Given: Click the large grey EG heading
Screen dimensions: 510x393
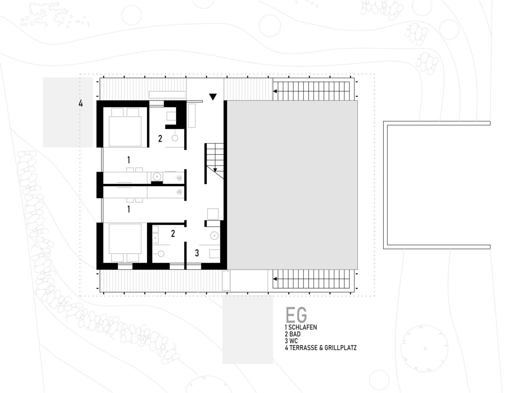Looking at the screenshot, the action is (x=296, y=315).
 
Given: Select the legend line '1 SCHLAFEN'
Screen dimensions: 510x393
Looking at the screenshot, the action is (x=301, y=327).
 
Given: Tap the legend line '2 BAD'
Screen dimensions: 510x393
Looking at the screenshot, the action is (x=293, y=334).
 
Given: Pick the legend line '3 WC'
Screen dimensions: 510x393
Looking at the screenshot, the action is (x=291, y=341).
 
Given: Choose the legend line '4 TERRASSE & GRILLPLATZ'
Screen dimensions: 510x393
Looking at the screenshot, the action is (x=321, y=348).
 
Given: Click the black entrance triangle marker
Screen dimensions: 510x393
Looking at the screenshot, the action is (x=213, y=97).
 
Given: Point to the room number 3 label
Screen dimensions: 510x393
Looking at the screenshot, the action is (x=197, y=253).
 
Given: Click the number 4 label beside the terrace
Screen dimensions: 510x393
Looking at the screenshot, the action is (x=80, y=103).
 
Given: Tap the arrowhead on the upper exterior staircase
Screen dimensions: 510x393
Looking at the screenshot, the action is (x=275, y=91).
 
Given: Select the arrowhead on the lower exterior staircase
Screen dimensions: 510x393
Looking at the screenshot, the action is (x=275, y=279).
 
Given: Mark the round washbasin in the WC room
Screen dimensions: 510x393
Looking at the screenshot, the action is (x=214, y=236).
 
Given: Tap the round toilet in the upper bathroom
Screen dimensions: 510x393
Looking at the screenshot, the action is (x=175, y=138).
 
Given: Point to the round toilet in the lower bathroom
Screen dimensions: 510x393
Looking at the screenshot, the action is (x=161, y=254).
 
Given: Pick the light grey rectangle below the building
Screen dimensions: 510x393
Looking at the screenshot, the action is (x=247, y=330).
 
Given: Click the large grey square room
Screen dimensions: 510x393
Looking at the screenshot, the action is (x=292, y=185).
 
